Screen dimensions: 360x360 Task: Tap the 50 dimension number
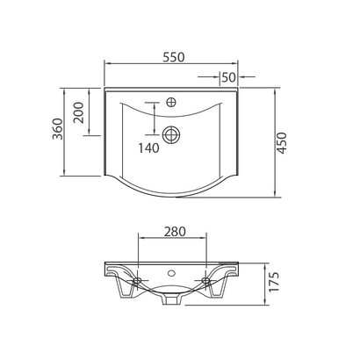coord(227,77)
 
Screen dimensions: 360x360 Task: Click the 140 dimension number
coord(148,148)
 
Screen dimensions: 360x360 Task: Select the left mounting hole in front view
coord(139,281)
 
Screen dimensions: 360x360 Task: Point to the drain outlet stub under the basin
coord(172,302)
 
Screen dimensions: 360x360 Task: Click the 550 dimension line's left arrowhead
coord(106,64)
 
